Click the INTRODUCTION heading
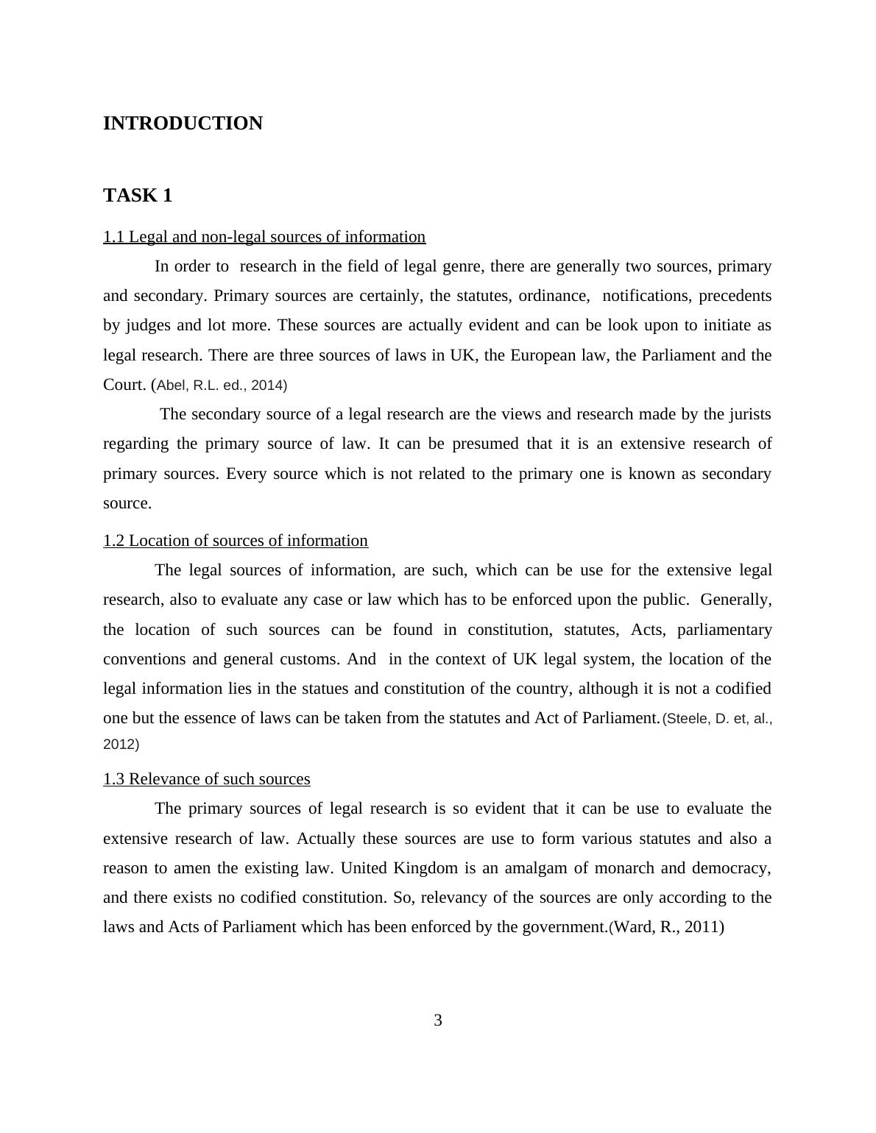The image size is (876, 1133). (x=183, y=124)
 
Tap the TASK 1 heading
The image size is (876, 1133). (x=138, y=196)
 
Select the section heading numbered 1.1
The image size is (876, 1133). (x=264, y=237)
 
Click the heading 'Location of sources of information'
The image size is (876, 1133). (x=236, y=541)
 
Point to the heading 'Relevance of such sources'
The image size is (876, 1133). (x=207, y=779)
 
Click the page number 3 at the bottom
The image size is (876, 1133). (x=438, y=1020)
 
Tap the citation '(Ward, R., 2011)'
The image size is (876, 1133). (x=666, y=927)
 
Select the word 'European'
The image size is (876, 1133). (x=544, y=355)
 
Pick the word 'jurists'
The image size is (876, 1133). (x=749, y=414)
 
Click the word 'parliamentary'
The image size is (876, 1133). (x=724, y=630)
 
